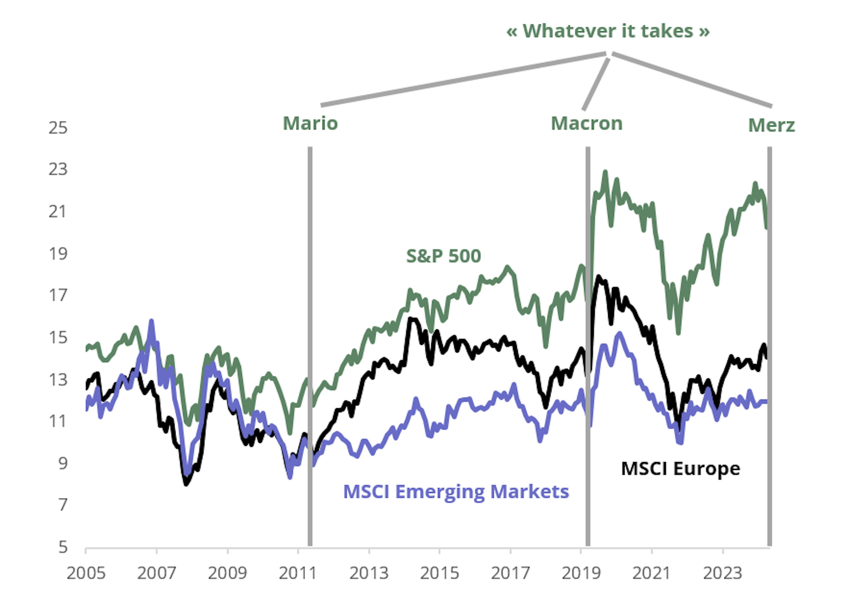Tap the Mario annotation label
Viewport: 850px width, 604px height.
[310, 124]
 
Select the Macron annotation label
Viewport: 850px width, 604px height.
[586, 124]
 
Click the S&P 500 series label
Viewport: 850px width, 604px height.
[443, 256]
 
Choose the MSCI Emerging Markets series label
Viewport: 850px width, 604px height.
[456, 492]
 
